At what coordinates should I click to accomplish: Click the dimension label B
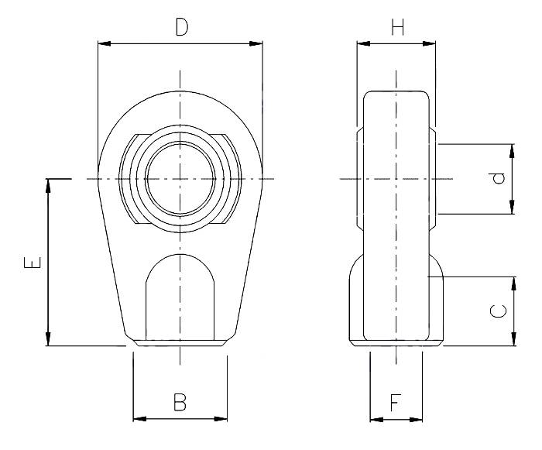pos(180,402)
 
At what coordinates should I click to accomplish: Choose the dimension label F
pos(396,402)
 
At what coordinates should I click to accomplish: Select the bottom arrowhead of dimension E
pos(49,340)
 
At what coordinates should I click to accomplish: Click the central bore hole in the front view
pos(180,180)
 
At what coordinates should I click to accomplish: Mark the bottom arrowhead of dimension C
pos(512,340)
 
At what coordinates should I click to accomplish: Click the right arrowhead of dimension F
pos(418,419)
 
